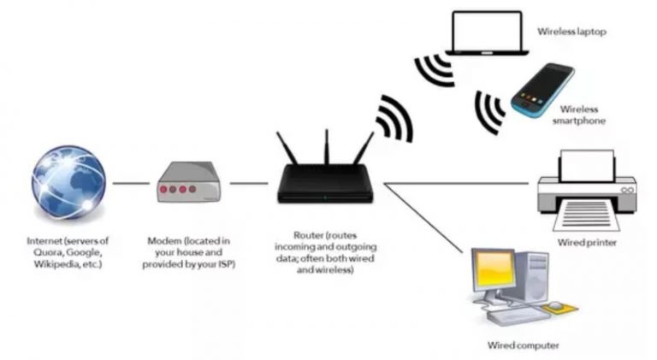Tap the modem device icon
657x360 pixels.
point(188,185)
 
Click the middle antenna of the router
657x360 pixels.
point(326,150)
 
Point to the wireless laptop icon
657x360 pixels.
point(488,35)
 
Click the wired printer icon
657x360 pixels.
point(586,192)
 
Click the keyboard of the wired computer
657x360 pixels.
point(514,314)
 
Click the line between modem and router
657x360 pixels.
point(248,183)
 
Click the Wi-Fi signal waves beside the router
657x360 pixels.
point(395,120)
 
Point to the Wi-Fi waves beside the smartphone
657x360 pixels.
point(490,109)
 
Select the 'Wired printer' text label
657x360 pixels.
point(587,243)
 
